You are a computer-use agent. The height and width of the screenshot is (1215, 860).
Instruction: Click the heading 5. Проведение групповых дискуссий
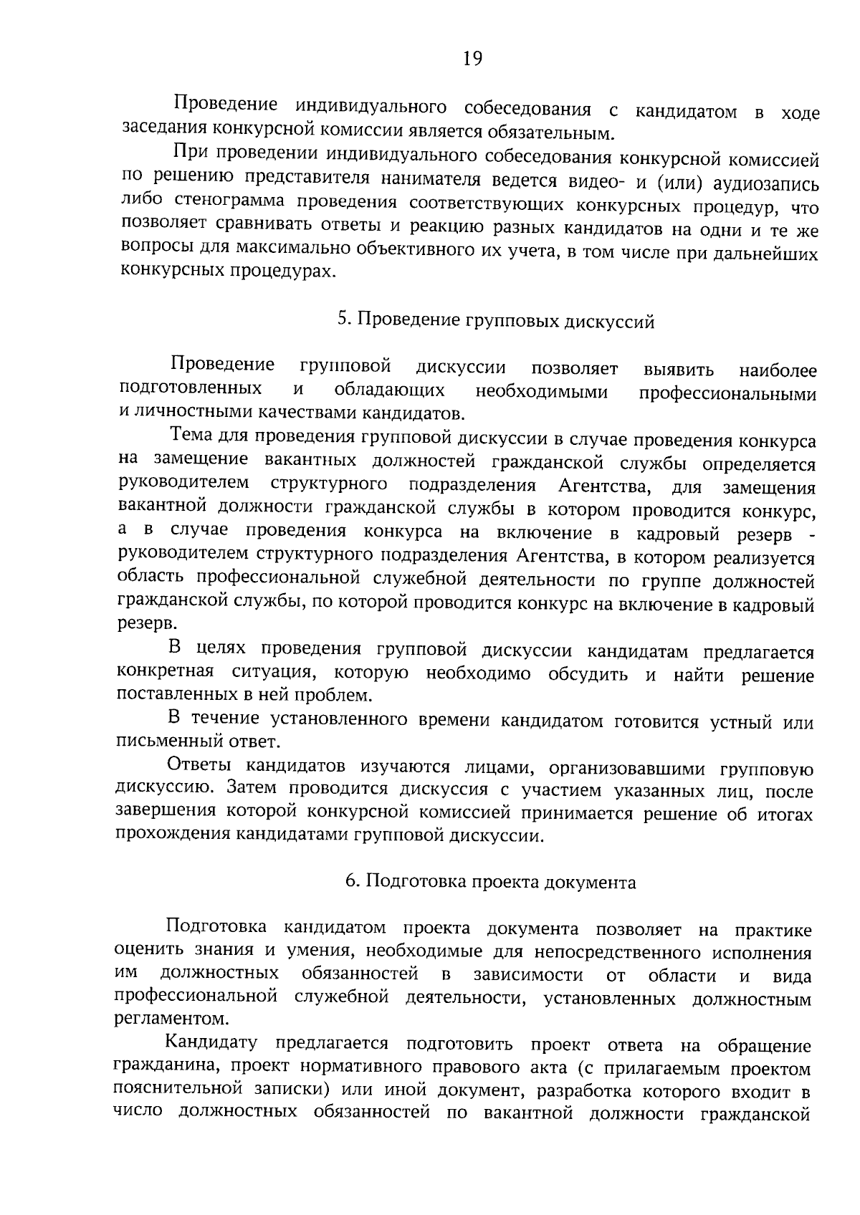(x=496, y=321)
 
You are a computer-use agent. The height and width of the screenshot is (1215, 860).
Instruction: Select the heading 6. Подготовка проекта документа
(x=490, y=882)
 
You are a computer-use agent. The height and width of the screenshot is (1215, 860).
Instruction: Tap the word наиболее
(x=778, y=370)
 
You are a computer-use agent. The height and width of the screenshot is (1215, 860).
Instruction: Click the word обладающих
(x=389, y=391)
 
